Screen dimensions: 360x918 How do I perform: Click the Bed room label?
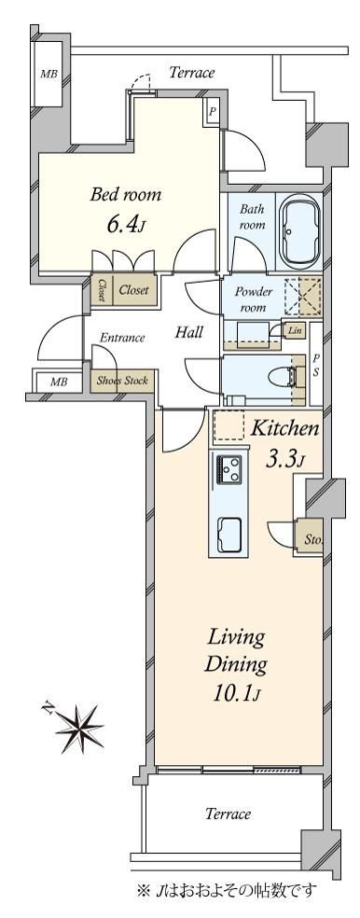pyautogui.click(x=125, y=195)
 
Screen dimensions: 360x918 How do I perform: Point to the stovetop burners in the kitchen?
pyautogui.click(x=230, y=469)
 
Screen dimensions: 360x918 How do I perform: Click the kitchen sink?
pyautogui.click(x=230, y=534)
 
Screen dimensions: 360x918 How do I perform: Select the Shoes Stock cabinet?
pyautogui.click(x=122, y=382)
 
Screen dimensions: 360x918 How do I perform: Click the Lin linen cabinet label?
pyautogui.click(x=295, y=330)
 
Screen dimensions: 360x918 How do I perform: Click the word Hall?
pyautogui.click(x=189, y=332)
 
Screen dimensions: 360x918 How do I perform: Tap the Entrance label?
pyautogui.click(x=122, y=338)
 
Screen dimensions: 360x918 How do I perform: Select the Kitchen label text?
pyautogui.click(x=284, y=429)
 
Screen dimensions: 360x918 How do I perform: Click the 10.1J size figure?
pyautogui.click(x=235, y=694)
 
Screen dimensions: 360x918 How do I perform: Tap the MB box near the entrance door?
pyautogui.click(x=58, y=382)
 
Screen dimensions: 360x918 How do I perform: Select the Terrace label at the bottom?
pyautogui.click(x=228, y=814)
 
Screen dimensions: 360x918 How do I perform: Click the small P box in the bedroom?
pyautogui.click(x=212, y=111)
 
